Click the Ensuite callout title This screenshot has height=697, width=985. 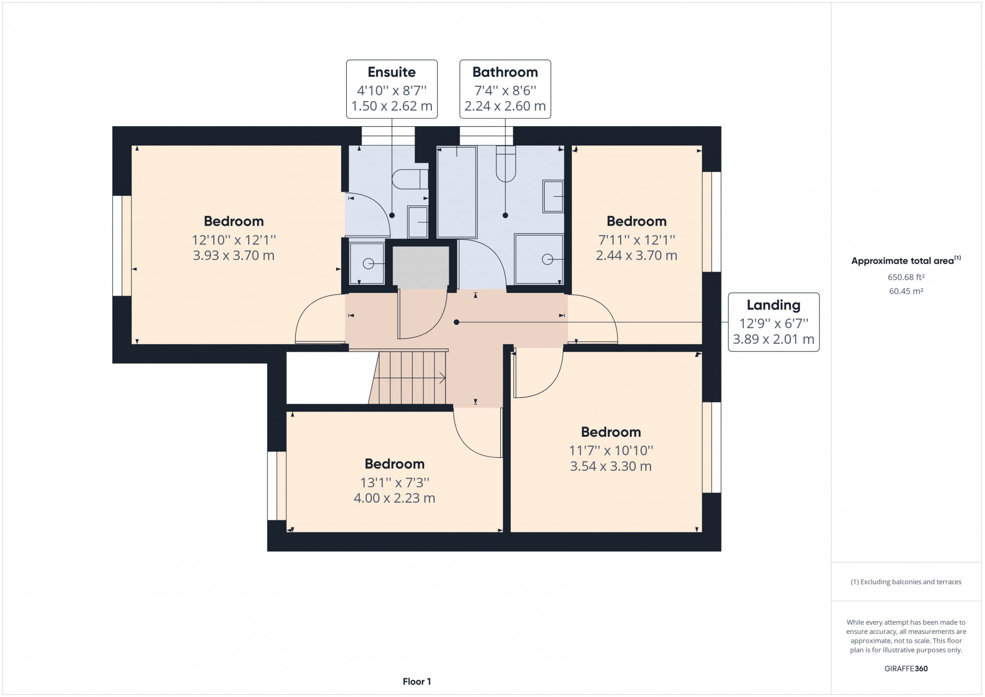pos(392,72)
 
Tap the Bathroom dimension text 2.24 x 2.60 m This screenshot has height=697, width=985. pos(505,106)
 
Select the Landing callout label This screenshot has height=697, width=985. pos(773,305)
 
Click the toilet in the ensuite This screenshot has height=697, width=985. pos(410,179)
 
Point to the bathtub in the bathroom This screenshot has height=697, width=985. pos(457,192)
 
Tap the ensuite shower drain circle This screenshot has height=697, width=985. pos(368,264)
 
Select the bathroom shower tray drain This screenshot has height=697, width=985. pos(547,259)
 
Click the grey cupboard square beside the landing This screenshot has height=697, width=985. pos(421,267)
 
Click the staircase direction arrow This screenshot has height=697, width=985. pos(442,378)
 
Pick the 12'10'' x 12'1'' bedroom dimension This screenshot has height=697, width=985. pos(234,240)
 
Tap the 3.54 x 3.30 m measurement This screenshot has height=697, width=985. pos(611,466)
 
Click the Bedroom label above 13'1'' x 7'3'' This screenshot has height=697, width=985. pos(394,464)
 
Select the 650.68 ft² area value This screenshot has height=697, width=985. pos(906,277)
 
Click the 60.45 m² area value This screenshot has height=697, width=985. pos(906,291)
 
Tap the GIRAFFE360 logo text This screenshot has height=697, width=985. pos(906,668)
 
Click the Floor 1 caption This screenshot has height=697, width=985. pos(417,681)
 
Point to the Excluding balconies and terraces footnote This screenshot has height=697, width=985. pos(906,582)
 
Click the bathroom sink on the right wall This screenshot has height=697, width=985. pos(553,196)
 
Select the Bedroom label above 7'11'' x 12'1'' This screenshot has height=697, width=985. pos(636,221)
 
